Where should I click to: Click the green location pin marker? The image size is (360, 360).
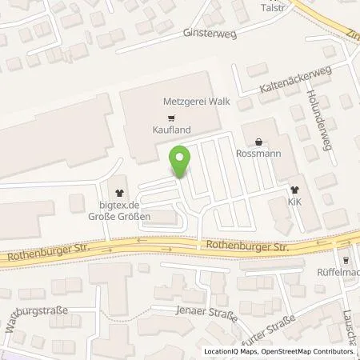(182, 160)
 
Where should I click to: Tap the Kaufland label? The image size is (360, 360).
(169, 129)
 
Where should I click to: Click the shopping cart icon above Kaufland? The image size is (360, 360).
(169, 115)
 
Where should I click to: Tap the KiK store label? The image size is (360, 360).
(294, 203)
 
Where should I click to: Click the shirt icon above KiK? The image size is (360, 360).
(294, 190)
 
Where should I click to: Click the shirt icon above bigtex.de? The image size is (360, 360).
(121, 192)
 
